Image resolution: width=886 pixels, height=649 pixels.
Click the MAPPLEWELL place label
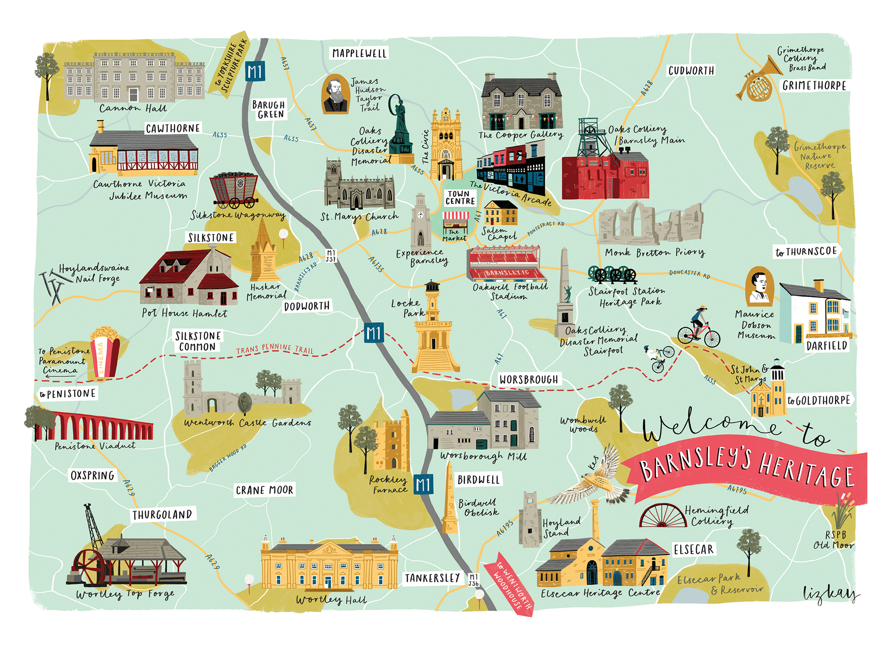tap(359, 53)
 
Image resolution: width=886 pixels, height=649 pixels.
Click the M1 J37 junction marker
tap(331, 256)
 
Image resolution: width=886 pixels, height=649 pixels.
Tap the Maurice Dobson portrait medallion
tap(759, 286)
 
